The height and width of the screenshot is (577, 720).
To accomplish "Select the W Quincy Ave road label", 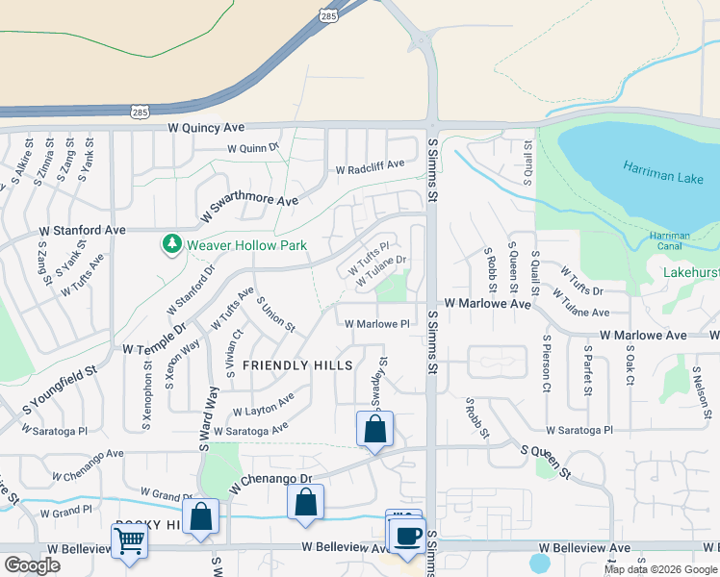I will pos(206,127).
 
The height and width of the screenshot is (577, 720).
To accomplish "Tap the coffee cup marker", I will pos(407,535).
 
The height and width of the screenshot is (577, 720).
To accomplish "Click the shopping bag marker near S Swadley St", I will pos(374,428).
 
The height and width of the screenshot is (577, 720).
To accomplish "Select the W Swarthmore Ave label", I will pos(249,207).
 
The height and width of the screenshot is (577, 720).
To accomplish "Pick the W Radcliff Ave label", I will pos(370,169).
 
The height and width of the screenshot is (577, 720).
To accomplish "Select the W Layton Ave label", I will pos(261,405).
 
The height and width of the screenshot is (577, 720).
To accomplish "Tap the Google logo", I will pos(33,565).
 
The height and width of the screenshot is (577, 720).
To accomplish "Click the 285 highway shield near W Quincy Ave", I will pos(141,112).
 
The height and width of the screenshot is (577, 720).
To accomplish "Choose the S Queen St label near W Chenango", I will pos(546,462).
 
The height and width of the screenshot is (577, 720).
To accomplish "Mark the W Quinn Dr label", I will pos(252,148).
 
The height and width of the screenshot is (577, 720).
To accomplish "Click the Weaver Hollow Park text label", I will pos(246,245).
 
